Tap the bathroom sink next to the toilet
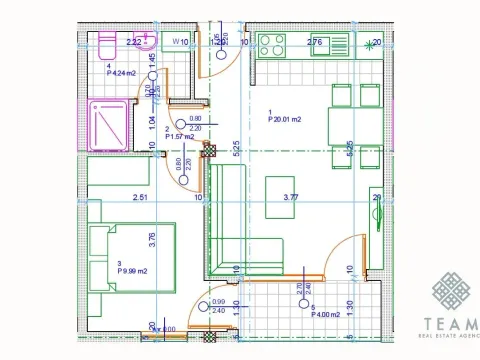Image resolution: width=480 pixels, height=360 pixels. click(x=147, y=43)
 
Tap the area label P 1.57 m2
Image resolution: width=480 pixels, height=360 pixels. click(x=166, y=137)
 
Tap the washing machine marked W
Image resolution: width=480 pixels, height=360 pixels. click(x=177, y=42)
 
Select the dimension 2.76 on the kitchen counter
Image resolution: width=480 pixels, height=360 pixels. click(x=314, y=42)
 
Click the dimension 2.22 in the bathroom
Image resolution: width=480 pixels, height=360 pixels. click(x=132, y=42)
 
